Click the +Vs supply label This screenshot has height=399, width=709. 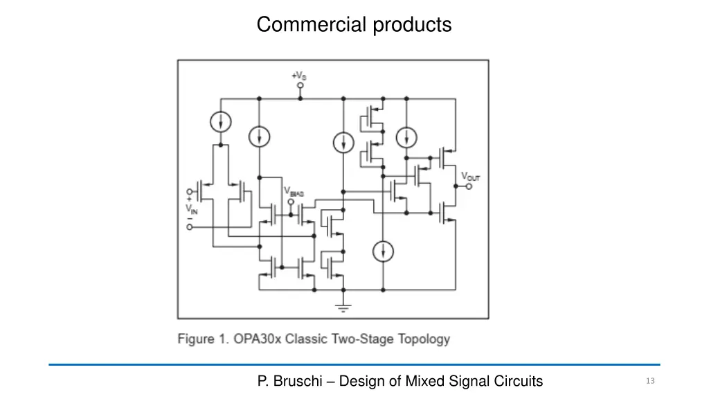pos(299,75)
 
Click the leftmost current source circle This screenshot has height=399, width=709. pos(220,123)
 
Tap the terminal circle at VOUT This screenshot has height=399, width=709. pos(469,186)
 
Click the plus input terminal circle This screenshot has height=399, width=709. pos(189,191)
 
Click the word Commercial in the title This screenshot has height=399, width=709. pos(312,25)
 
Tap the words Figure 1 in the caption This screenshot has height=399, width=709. pos(203,339)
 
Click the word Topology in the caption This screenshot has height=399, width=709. pos(422,339)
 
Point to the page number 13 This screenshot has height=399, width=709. pos(649,381)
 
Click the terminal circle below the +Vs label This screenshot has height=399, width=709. pos(300,86)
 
